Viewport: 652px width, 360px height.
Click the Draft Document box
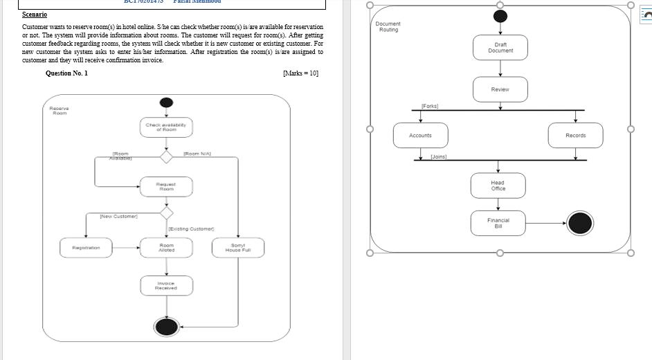[500, 48]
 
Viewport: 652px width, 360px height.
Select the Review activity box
[500, 89]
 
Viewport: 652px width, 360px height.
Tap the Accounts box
[420, 135]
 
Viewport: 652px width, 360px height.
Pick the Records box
[575, 135]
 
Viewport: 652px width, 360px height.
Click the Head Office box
[498, 186]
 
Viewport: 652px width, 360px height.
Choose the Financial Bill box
[498, 223]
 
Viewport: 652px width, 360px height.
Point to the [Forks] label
[430, 107]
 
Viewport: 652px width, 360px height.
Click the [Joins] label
[438, 157]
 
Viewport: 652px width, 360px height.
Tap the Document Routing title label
[388, 26]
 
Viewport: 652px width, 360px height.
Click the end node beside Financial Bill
[580, 223]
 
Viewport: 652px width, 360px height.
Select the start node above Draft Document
[500, 17]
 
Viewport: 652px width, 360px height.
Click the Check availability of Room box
[166, 127]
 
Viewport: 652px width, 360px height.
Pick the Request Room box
[166, 186]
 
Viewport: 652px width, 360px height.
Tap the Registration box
[87, 247]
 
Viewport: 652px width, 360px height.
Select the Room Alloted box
[166, 247]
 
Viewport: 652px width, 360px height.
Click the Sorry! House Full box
[238, 247]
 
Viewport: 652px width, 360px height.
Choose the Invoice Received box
[166, 285]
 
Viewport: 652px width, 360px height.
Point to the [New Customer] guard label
[118, 217]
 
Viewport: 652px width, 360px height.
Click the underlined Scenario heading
[34, 14]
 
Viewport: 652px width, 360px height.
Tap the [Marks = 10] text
[300, 73]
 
